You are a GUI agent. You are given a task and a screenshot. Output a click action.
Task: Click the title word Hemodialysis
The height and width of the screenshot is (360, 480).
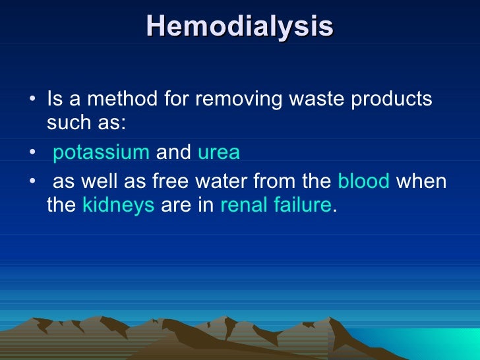pos(240,26)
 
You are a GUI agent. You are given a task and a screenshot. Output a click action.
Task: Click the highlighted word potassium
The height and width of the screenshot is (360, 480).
pos(101,153)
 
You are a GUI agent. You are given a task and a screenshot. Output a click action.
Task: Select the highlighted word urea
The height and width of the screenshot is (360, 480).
pos(219,153)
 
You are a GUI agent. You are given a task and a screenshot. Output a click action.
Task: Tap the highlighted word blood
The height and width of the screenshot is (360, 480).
pos(364,181)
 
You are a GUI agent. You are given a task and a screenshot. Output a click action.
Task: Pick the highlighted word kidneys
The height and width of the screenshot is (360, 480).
pos(119,206)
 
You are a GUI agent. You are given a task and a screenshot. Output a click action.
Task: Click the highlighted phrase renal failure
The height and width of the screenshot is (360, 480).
pos(275,206)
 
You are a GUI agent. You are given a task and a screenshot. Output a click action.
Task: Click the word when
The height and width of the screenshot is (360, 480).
pos(421,181)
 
